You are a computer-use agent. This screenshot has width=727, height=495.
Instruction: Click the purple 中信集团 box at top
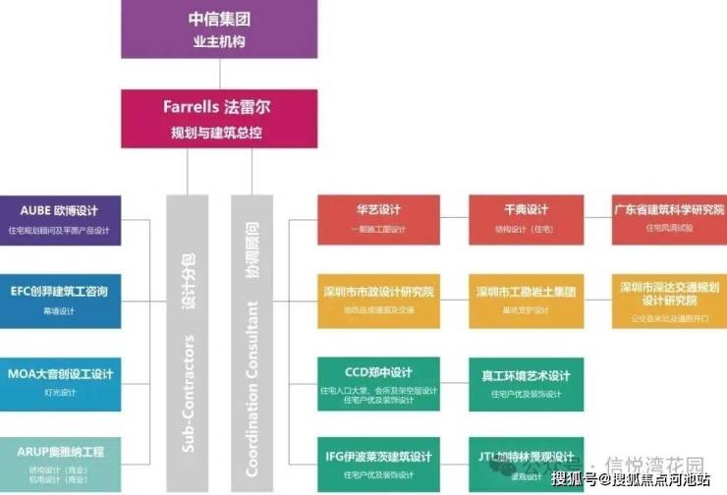pos(205,28)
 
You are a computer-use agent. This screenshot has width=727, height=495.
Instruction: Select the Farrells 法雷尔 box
pos(205,117)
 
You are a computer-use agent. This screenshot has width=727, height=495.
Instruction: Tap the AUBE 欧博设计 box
pos(61,219)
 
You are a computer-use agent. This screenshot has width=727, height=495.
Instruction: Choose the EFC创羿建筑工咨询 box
pos(61,302)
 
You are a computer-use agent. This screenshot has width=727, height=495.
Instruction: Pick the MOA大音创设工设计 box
pos(61,383)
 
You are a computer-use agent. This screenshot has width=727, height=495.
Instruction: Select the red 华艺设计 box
pos(376,219)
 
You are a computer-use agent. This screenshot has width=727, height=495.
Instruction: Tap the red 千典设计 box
pos(526,219)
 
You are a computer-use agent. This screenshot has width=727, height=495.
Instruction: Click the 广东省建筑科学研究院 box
pos(669,219)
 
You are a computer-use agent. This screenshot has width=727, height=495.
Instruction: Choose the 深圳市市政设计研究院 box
pos(376,302)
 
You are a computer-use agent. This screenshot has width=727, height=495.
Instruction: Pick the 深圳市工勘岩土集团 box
pos(526,302)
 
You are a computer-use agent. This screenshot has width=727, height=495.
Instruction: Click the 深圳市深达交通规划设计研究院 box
pos(669,302)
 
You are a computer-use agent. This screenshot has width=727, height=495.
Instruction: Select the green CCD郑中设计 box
pos(376,384)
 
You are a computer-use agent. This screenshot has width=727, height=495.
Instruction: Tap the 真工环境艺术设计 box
pos(526,384)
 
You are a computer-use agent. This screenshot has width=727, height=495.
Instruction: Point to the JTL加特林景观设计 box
pos(526,462)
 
